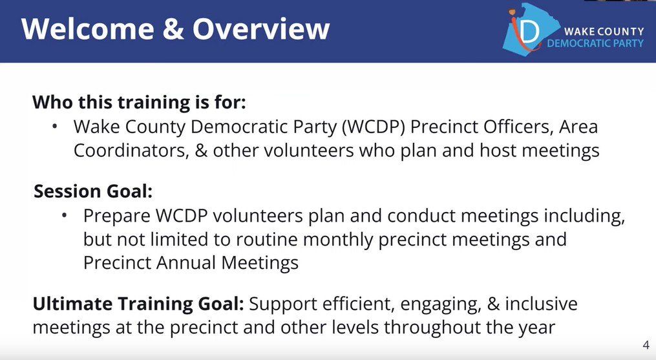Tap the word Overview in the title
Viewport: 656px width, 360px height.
(260, 29)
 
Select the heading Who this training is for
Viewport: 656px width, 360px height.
(140, 102)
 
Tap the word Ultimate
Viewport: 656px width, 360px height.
(72, 303)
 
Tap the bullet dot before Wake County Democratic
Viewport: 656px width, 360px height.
(56, 126)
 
